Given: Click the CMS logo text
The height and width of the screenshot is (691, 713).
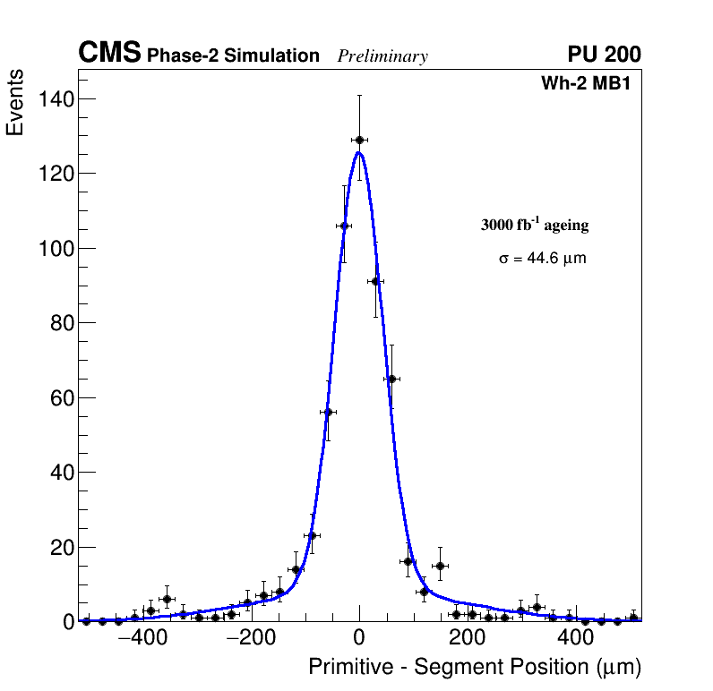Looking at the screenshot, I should tap(109, 54).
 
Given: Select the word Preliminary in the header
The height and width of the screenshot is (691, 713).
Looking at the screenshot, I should tap(382, 56).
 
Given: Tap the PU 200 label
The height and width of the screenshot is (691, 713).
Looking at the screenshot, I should tap(604, 55).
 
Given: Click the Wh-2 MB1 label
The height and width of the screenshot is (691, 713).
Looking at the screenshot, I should tap(591, 84).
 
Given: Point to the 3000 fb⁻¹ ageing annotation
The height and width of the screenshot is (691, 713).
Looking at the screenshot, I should tap(535, 225).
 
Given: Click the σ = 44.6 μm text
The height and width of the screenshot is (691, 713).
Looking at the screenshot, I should tap(543, 259).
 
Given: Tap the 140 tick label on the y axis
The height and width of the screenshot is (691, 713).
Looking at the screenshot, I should tap(56, 98).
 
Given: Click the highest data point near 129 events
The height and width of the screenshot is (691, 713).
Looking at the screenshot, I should tap(359, 140).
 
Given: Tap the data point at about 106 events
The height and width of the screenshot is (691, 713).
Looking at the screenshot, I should tap(343, 226).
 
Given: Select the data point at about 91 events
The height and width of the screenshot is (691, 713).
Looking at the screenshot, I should tap(375, 281).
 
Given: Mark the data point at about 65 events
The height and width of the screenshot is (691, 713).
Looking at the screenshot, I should tap(391, 379).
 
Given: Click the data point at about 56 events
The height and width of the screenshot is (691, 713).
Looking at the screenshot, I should tap(327, 412).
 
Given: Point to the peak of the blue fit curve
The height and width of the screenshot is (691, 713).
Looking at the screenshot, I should tap(358, 152).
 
